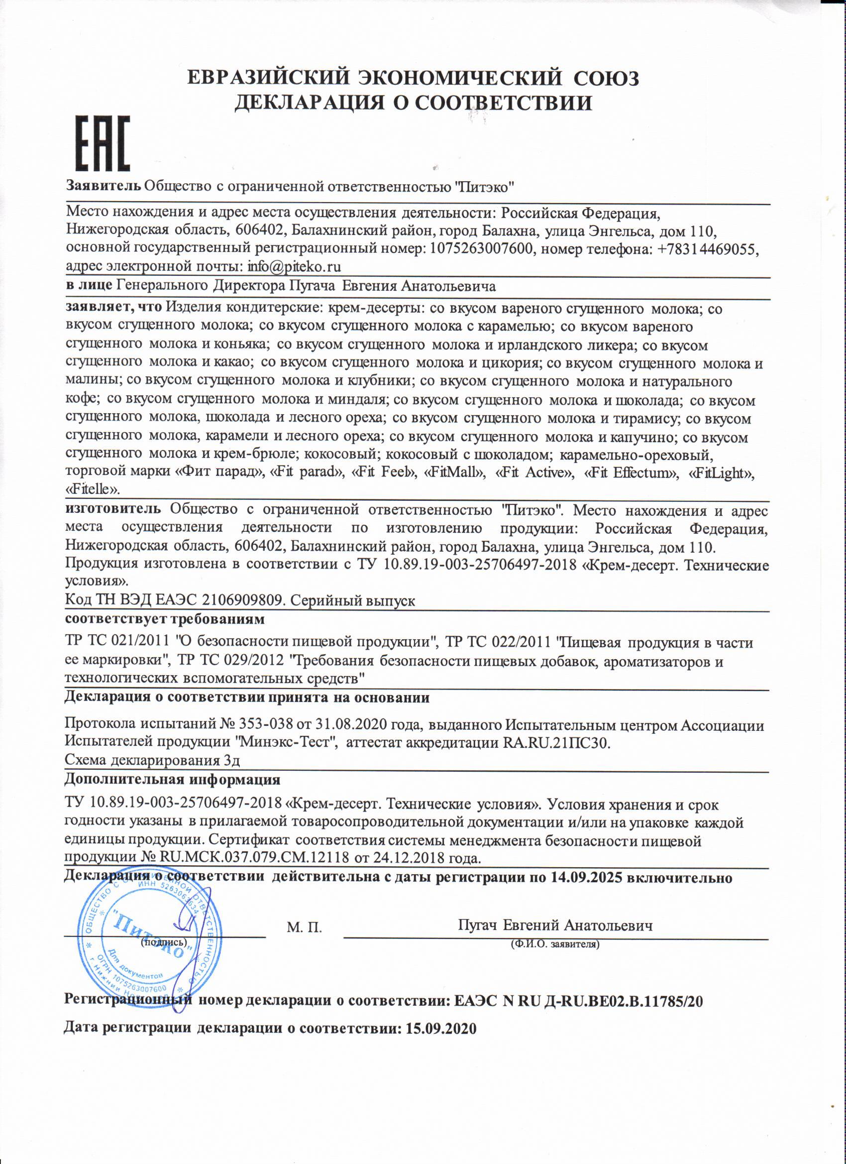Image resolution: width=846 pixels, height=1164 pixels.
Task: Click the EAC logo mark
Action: (x=103, y=143)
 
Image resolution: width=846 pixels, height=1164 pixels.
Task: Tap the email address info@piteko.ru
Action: (x=294, y=267)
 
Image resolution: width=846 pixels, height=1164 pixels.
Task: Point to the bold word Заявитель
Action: (x=103, y=185)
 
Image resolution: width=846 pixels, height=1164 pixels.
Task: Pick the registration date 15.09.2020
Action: (x=441, y=1028)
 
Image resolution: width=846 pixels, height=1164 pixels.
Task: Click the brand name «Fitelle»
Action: (x=93, y=489)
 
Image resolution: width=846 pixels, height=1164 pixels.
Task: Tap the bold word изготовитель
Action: (x=113, y=509)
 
